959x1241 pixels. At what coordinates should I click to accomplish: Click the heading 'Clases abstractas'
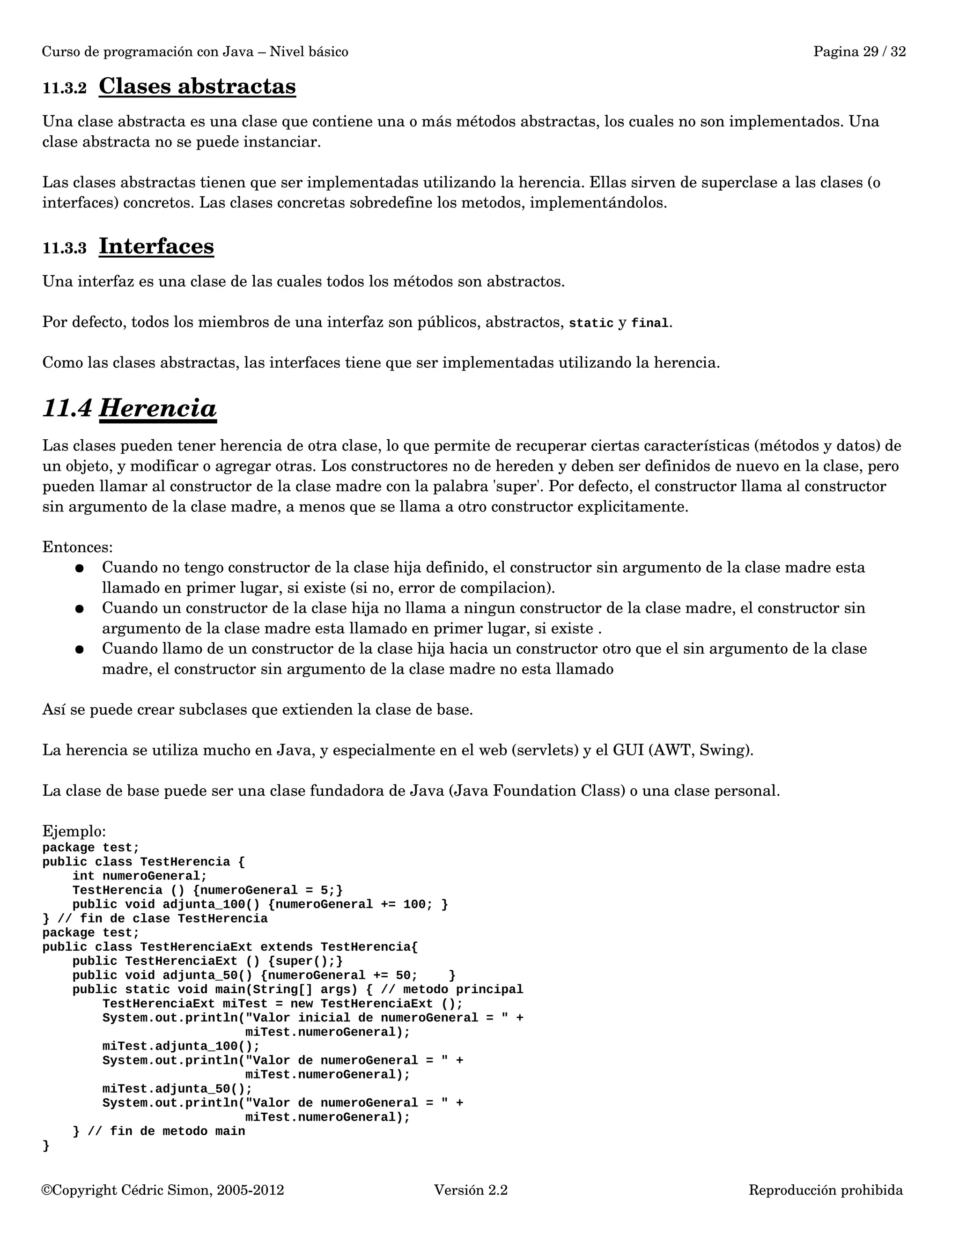pos(197,86)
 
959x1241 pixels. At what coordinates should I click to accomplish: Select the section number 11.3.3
pos(64,248)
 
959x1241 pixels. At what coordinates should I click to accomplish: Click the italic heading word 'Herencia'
pos(158,408)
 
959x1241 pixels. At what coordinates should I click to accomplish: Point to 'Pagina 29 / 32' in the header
pos(859,52)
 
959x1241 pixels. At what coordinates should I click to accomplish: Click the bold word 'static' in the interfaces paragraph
pos(591,323)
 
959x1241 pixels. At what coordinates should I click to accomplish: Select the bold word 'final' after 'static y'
pos(650,323)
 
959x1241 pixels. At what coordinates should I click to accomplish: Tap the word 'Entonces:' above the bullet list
pos(77,547)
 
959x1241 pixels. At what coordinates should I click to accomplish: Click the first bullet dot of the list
pos(80,568)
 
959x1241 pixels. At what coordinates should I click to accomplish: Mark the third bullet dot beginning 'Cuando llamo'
pos(80,650)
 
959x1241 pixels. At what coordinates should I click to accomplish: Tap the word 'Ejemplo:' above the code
pos(74,831)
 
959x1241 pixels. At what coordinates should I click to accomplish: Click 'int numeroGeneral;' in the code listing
pos(140,876)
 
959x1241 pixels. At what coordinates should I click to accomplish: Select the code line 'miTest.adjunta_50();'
pos(177,1089)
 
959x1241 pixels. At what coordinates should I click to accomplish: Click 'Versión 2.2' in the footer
pos(471,1190)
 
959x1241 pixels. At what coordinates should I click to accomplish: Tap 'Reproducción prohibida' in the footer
pos(825,1190)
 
